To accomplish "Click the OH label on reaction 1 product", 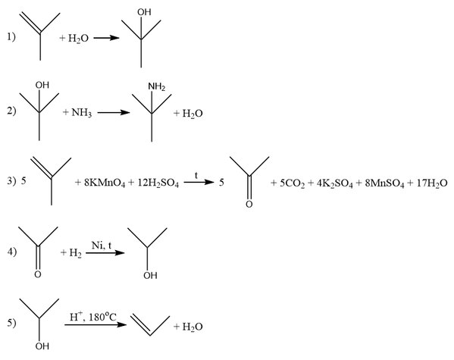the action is point(144,12).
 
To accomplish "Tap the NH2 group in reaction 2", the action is point(157,86).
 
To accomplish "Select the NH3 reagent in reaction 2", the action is point(82,112).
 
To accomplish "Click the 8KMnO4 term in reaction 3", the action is point(105,183).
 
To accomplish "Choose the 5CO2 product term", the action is point(292,183).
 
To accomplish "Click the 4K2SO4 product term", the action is point(335,183).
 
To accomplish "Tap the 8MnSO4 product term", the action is point(384,183).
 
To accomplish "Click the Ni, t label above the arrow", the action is point(102,246).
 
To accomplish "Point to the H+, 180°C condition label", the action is point(93,317).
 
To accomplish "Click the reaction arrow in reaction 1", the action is point(107,38).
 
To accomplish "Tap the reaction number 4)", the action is point(12,252).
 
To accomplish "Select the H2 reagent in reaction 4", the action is point(75,253).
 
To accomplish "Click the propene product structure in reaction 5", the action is point(150,325).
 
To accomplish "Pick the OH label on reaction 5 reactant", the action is point(42,346).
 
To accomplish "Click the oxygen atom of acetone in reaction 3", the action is point(249,204).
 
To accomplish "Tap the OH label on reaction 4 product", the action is point(150,275).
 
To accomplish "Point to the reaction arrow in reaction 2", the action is point(114,112).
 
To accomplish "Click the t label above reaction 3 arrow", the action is point(196,175).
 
